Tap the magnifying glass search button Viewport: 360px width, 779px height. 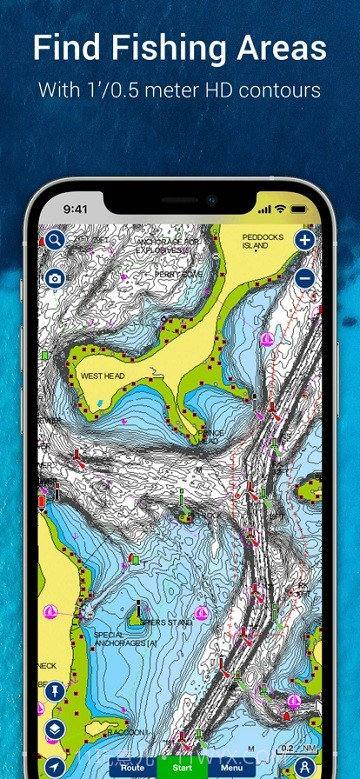tap(55, 241)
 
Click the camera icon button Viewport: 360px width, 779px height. tap(55, 277)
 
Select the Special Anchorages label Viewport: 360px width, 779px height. tap(124, 639)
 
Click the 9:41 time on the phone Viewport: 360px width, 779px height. tap(77, 210)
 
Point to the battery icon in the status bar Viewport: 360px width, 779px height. tap(301, 209)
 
